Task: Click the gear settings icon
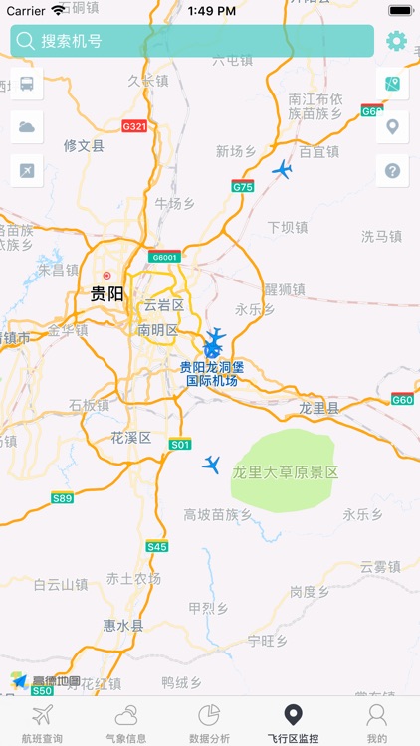click(396, 41)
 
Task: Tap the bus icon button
click(26, 84)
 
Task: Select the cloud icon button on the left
click(26, 127)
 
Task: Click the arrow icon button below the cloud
click(26, 170)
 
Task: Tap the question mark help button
click(392, 170)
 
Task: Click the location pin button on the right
click(392, 127)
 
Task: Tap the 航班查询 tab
click(42, 722)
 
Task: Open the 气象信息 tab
click(125, 722)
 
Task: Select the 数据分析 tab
click(209, 722)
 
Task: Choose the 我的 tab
click(376, 722)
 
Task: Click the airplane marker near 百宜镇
click(283, 170)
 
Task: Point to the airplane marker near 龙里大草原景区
click(211, 464)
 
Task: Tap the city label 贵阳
click(106, 293)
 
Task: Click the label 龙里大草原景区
click(286, 472)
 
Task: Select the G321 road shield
click(133, 126)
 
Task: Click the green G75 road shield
click(243, 186)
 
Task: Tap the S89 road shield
click(62, 497)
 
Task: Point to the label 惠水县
click(123, 626)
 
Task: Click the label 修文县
click(84, 145)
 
